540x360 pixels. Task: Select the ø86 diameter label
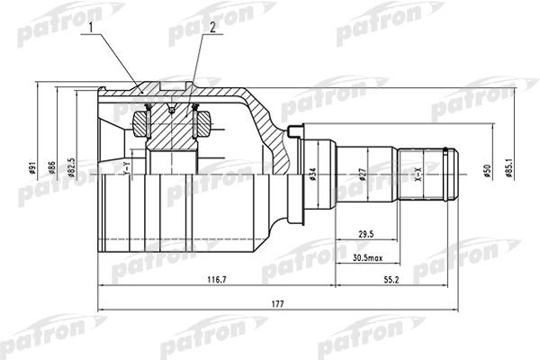pyautogui.click(x=52, y=168)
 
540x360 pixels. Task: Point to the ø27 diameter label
pyautogui.click(x=361, y=175)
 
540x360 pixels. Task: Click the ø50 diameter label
pyautogui.click(x=485, y=170)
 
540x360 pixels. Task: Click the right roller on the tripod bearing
pyautogui.click(x=201, y=118)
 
